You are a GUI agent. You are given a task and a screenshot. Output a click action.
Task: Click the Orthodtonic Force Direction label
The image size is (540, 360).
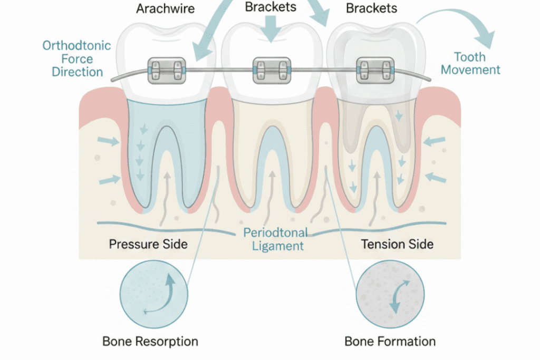[77, 58]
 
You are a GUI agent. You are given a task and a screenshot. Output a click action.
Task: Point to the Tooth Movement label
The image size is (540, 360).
[470, 63]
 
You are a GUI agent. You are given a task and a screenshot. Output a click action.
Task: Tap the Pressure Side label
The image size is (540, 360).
[148, 244]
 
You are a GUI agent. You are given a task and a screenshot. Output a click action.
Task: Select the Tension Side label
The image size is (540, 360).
[397, 244]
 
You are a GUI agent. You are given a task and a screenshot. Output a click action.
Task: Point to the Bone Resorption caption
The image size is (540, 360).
[150, 341]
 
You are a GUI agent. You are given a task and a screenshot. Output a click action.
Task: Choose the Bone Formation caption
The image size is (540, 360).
[390, 341]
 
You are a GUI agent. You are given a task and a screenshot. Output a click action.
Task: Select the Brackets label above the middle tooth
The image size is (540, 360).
[271, 7]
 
